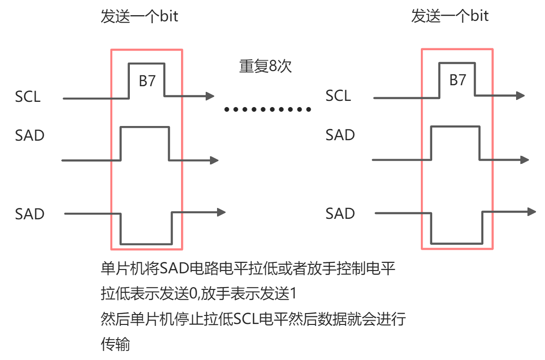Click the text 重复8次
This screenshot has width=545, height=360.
click(x=265, y=66)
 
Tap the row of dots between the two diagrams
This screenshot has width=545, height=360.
click(x=268, y=110)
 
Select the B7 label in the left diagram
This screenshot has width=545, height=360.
click(x=147, y=81)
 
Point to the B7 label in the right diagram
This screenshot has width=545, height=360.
click(x=457, y=80)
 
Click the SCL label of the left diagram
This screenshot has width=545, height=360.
click(x=28, y=97)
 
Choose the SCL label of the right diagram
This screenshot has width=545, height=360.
click(x=338, y=96)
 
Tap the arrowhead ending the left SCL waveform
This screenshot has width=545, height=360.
click(x=210, y=96)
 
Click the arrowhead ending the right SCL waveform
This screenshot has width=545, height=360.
click(x=520, y=95)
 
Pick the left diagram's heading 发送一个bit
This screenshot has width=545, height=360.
click(x=139, y=17)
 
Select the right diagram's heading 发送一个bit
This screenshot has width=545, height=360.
click(x=450, y=16)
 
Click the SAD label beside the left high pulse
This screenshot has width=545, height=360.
click(x=29, y=135)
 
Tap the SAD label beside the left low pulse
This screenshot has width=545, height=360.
click(x=29, y=214)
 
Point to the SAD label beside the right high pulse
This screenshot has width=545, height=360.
click(x=340, y=135)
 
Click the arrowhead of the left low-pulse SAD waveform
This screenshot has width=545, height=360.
click(x=221, y=212)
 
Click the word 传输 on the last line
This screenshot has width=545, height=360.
click(x=115, y=344)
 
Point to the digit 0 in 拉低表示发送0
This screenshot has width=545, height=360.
click(x=193, y=294)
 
